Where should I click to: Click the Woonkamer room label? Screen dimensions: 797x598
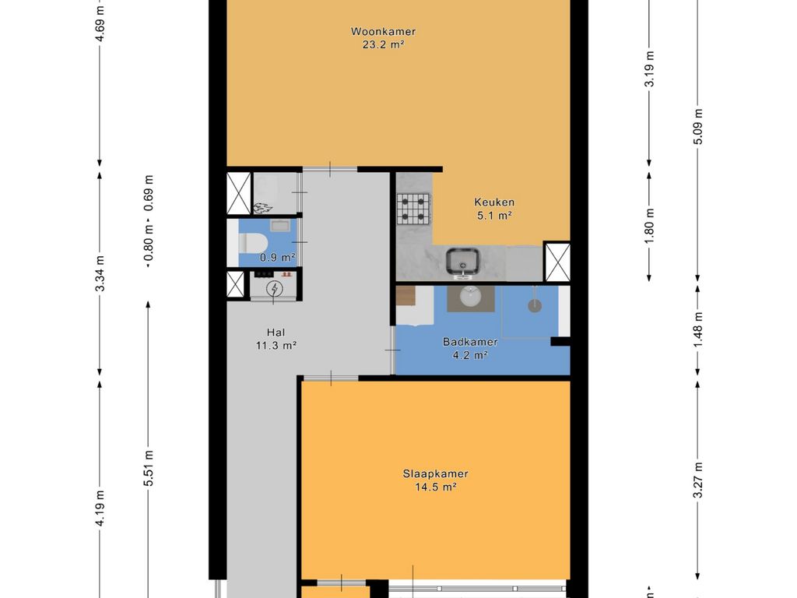pyautogui.click(x=383, y=31)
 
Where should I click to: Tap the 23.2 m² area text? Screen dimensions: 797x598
pyautogui.click(x=383, y=44)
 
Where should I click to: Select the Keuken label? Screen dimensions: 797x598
pyautogui.click(x=494, y=202)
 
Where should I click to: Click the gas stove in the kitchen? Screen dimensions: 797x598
pyautogui.click(x=413, y=209)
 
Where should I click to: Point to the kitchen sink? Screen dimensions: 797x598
pyautogui.click(x=462, y=263)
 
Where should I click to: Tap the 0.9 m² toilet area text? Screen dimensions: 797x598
pyautogui.click(x=278, y=258)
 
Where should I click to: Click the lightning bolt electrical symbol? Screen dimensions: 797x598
pyautogui.click(x=275, y=289)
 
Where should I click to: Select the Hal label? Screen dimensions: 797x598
pyautogui.click(x=276, y=332)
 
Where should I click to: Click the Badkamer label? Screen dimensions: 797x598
pyautogui.click(x=470, y=342)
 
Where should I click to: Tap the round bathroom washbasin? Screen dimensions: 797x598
pyautogui.click(x=471, y=297)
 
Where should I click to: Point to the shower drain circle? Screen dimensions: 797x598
pyautogui.click(x=534, y=305)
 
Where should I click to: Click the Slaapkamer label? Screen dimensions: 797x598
pyautogui.click(x=436, y=474)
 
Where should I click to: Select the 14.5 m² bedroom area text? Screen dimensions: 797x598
pyautogui.click(x=436, y=487)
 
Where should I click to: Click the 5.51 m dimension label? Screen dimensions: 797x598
pyautogui.click(x=149, y=468)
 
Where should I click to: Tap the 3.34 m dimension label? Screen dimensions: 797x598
pyautogui.click(x=100, y=273)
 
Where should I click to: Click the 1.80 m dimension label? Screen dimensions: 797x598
pyautogui.click(x=649, y=226)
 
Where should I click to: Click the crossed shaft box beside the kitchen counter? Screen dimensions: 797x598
pyautogui.click(x=557, y=262)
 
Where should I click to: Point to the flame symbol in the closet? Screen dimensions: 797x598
pyautogui.click(x=262, y=207)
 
